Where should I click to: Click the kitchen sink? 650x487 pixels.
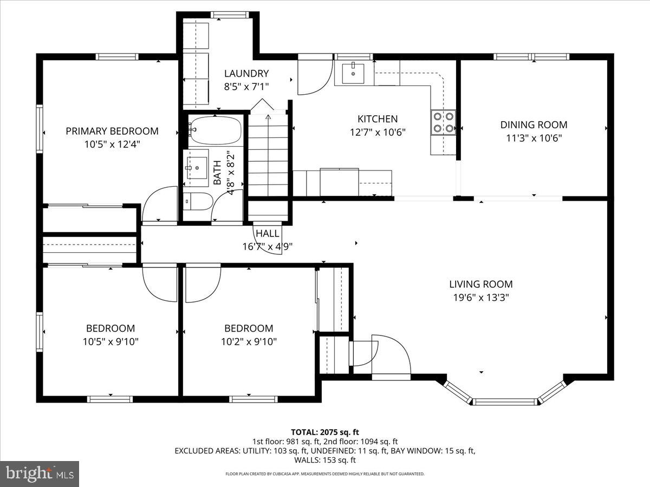tap(353, 73)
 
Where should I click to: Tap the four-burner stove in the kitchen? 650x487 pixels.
tap(443, 122)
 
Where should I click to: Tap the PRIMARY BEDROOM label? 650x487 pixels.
tap(112, 131)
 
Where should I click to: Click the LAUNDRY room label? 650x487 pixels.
tap(246, 74)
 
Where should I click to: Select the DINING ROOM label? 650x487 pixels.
tap(534, 125)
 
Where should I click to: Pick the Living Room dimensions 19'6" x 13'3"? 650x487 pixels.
tap(480, 297)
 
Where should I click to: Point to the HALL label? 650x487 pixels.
tap(268, 234)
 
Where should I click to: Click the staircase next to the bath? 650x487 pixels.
tap(268, 157)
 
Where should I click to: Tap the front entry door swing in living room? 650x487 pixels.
tap(388, 354)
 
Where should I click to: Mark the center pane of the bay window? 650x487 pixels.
tap(505, 402)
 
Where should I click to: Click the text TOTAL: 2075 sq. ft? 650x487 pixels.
tap(325, 432)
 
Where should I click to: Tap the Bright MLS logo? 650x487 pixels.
tap(40, 473)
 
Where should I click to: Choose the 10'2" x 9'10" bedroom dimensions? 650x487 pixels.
tap(249, 341)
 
